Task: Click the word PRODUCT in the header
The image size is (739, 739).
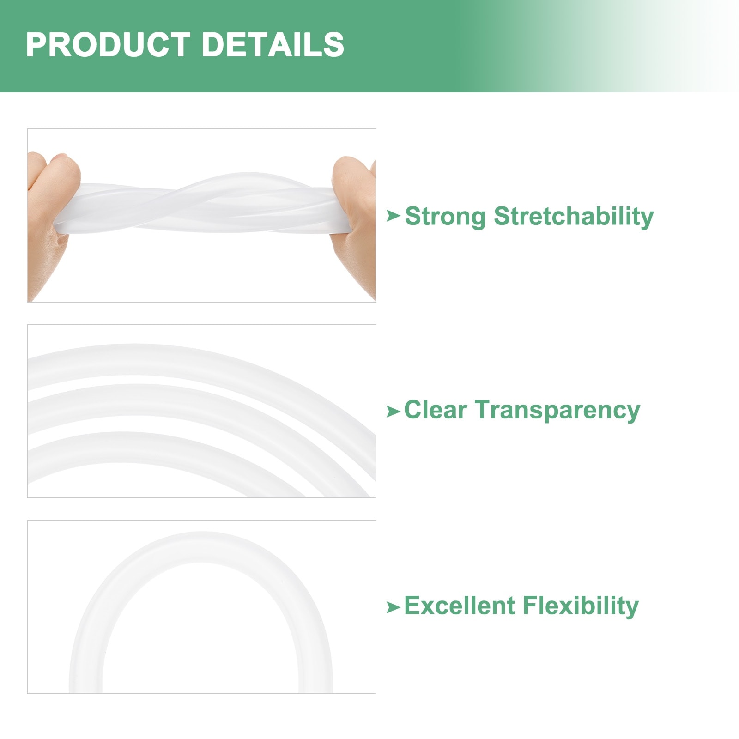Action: coord(108,45)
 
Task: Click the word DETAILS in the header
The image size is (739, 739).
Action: coord(273,45)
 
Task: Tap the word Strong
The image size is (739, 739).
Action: coord(445,217)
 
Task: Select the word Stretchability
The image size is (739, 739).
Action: coord(574,217)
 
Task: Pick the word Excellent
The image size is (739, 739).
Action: coord(459,606)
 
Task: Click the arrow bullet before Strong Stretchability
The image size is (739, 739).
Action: coord(393,215)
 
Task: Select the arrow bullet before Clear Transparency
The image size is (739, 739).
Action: coord(393,411)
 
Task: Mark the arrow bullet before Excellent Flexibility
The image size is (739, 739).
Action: coord(393,607)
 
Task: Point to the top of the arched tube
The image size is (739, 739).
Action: coord(201,547)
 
